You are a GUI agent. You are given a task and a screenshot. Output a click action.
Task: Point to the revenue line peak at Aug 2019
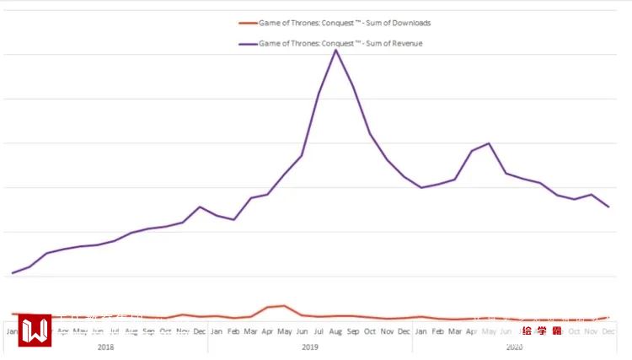point(335,50)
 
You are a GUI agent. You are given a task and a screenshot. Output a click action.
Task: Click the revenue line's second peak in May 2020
point(489,143)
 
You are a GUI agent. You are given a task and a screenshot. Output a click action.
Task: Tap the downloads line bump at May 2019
point(284,305)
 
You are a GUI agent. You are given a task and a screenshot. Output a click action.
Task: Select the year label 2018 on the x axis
point(106,347)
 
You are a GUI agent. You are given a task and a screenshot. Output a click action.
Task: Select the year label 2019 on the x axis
point(310,347)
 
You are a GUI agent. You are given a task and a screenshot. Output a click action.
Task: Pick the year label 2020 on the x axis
point(515,347)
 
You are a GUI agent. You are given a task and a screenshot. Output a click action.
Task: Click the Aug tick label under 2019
point(335,331)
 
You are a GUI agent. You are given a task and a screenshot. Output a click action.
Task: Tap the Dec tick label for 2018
point(200,331)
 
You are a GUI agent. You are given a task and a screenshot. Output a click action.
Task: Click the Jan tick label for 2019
point(217,331)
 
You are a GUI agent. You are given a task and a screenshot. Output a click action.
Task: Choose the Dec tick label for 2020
point(608,331)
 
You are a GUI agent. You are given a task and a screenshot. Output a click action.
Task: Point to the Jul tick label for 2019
point(319,331)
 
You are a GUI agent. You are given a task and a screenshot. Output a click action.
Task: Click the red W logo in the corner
point(35,330)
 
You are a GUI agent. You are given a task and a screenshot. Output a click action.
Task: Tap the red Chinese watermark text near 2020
point(542,330)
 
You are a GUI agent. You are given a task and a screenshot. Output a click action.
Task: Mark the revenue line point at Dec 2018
point(200,207)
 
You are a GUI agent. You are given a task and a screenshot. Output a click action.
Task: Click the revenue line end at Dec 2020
point(608,207)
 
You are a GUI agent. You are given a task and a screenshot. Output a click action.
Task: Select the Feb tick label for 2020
point(437,331)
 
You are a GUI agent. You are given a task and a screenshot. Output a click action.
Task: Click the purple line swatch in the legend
point(247,43)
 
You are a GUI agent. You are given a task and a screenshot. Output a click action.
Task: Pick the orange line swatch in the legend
point(247,23)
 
